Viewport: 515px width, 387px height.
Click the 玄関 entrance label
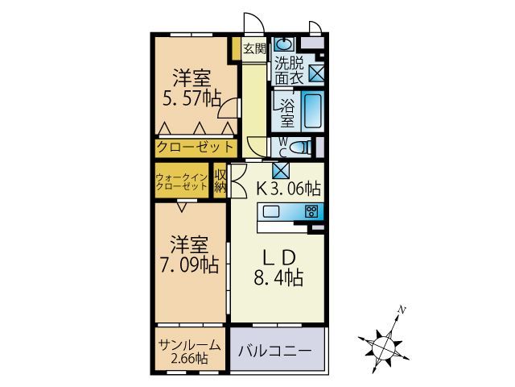coord(254,48)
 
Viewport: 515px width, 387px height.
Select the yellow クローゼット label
coord(196,148)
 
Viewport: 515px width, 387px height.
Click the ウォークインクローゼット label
coord(182,181)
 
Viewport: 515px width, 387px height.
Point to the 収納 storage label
coord(220,181)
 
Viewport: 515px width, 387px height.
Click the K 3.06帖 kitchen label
coord(289,189)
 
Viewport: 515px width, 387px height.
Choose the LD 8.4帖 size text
coord(278,280)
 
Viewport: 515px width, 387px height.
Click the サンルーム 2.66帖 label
coord(190,351)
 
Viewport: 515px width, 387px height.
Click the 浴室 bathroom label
coord(286,111)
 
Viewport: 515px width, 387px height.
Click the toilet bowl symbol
coord(300,147)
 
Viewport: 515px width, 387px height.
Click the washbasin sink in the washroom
coord(283,44)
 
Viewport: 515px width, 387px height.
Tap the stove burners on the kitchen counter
coord(312,211)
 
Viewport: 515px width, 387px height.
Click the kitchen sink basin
coord(270,211)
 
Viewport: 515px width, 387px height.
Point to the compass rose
coord(381,345)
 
